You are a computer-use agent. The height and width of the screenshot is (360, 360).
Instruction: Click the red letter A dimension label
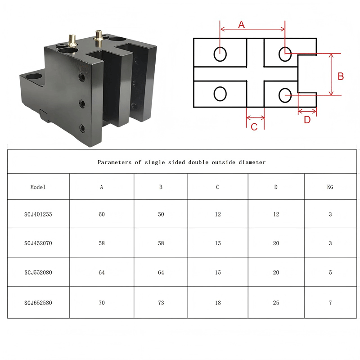point(241,24)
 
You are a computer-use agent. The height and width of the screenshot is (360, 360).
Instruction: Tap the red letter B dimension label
point(341,76)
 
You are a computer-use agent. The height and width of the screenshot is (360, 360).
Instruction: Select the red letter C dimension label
point(254,127)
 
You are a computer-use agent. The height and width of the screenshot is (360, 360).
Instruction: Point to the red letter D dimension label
point(307,120)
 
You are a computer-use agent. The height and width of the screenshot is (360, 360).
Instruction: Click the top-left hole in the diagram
point(220,54)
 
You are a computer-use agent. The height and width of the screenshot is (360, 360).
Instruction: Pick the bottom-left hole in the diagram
point(220,94)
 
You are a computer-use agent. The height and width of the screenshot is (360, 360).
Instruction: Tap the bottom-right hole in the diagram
point(285,95)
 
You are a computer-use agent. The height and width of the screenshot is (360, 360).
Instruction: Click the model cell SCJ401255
point(38,215)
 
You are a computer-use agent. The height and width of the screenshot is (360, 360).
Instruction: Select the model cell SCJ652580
point(38,303)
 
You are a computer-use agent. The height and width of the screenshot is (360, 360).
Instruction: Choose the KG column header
point(330,187)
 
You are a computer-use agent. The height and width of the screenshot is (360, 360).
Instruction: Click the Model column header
point(38,187)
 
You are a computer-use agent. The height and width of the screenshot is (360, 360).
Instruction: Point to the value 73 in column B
point(161,303)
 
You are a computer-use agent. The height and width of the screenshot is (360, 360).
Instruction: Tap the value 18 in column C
point(218,303)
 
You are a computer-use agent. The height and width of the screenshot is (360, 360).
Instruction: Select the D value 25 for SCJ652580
point(276,303)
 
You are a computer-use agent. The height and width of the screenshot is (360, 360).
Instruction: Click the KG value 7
point(330,303)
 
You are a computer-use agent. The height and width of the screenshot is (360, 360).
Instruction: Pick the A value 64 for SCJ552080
point(102,273)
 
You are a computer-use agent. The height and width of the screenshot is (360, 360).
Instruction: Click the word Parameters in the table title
point(115,162)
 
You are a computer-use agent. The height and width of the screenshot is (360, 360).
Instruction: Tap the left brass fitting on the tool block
point(72,41)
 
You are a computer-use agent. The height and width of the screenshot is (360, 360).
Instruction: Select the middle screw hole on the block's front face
point(82,103)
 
